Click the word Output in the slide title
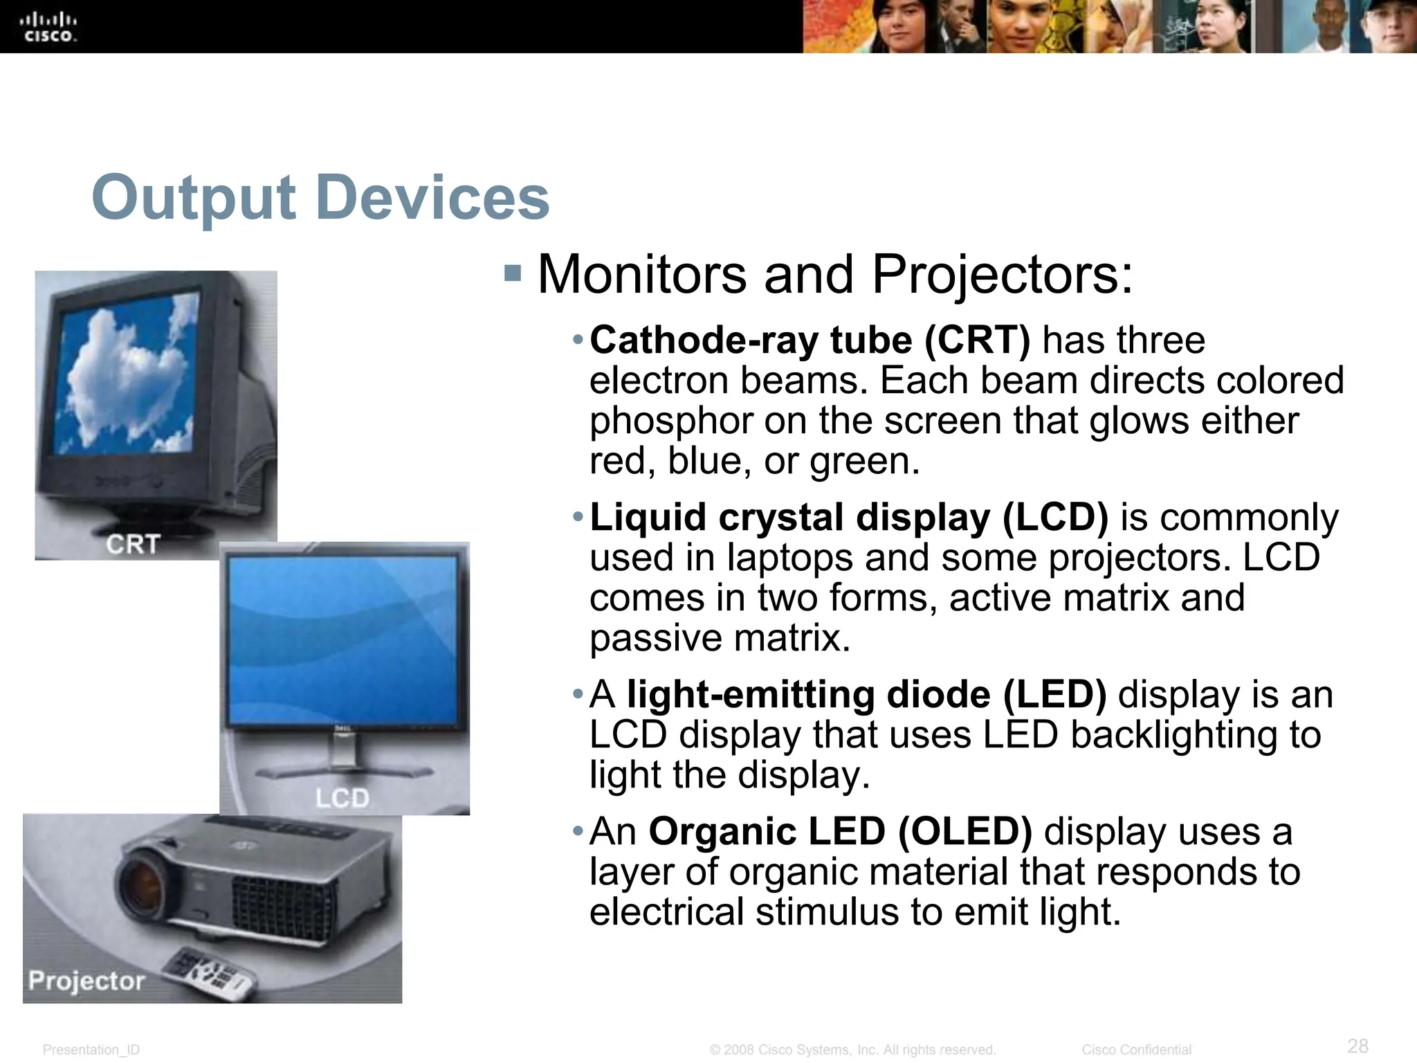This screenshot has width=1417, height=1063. click(194, 199)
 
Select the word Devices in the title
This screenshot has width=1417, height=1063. click(432, 199)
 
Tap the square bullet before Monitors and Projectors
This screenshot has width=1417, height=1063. click(513, 273)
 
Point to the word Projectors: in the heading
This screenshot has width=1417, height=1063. click(1003, 275)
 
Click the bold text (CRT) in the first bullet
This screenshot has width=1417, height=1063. click(976, 340)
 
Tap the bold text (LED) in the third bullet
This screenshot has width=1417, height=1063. click(1054, 695)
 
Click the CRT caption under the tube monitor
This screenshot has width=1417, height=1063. click(133, 545)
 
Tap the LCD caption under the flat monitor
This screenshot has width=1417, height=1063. click(342, 798)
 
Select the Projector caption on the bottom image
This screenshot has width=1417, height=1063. click(86, 981)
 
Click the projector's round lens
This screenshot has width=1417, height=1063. click(146, 882)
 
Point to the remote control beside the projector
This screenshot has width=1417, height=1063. click(210, 972)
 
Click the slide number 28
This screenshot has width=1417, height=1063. click(1358, 1045)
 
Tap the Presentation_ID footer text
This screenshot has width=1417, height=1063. click(91, 1050)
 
